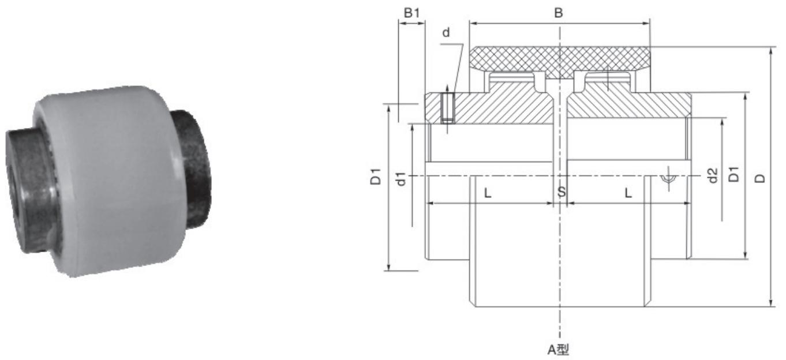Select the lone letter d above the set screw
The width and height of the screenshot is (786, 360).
coord(446,33)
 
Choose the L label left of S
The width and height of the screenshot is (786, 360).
coord(488,193)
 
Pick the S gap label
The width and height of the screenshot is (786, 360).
coord(561,192)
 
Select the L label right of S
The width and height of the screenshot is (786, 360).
coord(628,193)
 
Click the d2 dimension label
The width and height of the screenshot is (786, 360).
coord(712,175)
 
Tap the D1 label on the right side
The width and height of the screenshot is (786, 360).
coord(733,175)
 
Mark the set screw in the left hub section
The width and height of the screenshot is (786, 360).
coord(448,108)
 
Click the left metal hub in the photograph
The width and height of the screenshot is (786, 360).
coord(26,190)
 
